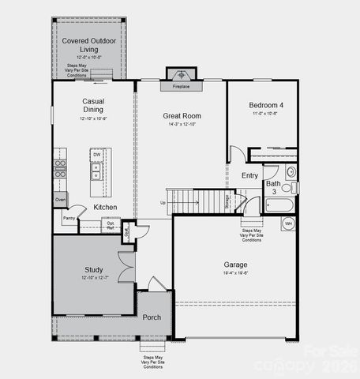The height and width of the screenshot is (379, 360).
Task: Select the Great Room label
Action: point(182,115)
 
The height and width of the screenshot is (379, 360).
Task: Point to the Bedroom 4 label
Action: point(263,105)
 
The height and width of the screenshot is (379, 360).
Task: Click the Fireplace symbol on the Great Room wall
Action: point(181,77)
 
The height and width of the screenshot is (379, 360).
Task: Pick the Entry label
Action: point(249,175)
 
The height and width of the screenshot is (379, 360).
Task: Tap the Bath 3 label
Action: point(272,188)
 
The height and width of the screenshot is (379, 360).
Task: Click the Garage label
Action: point(235,265)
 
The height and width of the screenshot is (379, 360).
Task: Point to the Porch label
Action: point(152,317)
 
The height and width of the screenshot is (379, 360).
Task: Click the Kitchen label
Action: point(105,208)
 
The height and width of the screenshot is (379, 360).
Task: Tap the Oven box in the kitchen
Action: point(61,201)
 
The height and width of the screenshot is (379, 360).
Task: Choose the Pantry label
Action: point(69,218)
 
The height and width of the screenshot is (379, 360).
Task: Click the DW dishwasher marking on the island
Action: point(96,156)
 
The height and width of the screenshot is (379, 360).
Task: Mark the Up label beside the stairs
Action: point(163,202)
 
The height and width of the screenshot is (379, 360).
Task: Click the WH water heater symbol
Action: point(288,224)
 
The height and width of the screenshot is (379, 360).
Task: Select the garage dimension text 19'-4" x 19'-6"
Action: point(235,273)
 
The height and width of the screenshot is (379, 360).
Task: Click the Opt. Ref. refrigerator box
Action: point(111,225)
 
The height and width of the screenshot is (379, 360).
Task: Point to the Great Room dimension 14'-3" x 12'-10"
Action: point(182,124)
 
